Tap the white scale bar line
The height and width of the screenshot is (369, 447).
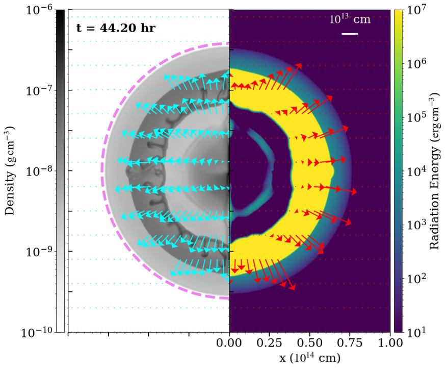coord(350,34)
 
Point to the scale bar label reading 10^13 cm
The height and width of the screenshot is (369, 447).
coord(350,20)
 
